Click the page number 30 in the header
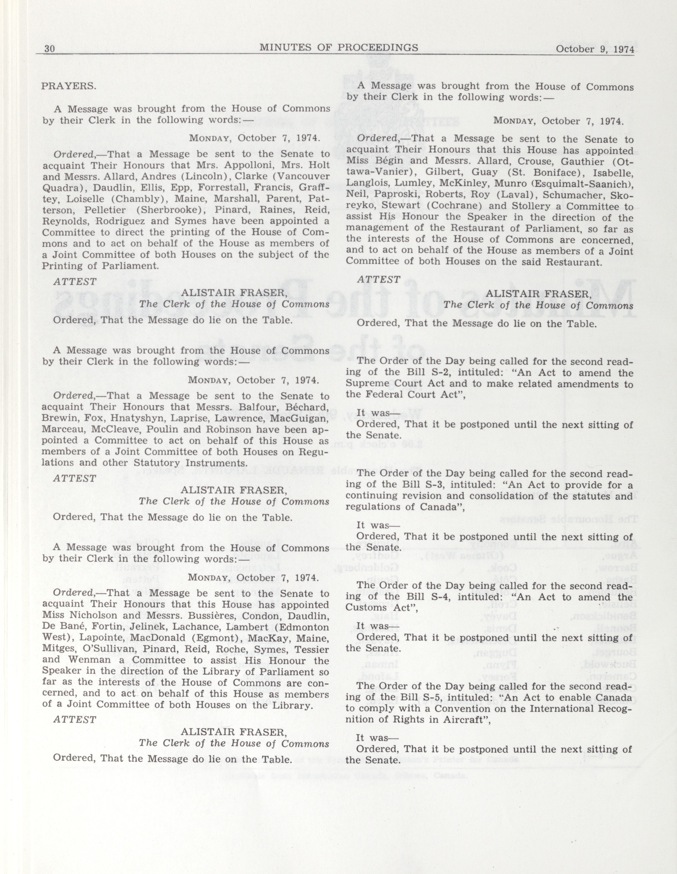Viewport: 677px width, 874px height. (x=49, y=48)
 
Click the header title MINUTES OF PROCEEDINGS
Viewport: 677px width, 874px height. (x=339, y=48)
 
